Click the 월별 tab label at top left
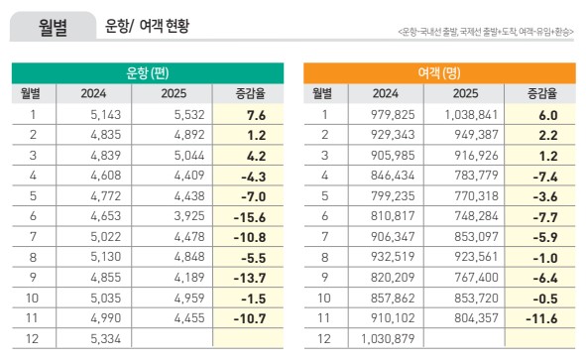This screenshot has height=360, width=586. point(46,28)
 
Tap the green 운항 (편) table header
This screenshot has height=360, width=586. point(147,73)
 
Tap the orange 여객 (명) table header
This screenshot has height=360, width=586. point(438,73)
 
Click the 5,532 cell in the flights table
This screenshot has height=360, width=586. point(179,115)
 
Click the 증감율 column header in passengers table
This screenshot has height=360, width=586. point(539,94)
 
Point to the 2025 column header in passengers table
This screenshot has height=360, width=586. point(466,94)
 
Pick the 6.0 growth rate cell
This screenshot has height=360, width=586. point(541,115)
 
